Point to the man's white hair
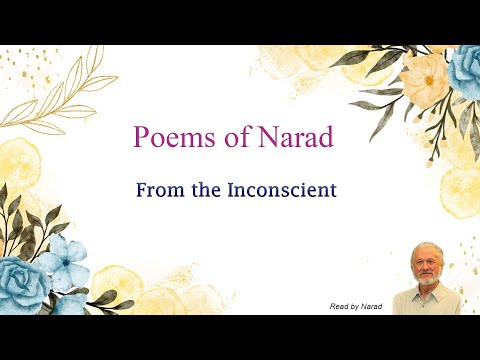[x=427, y=249]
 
